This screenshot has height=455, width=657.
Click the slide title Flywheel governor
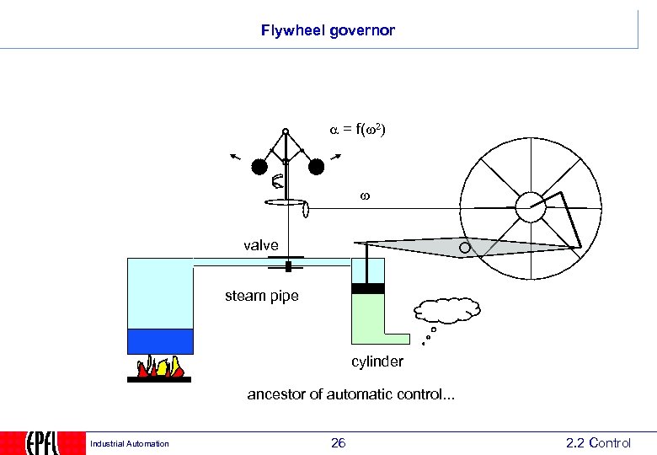(328, 31)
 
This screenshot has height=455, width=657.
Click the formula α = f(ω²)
(357, 131)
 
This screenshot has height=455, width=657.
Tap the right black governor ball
(316, 167)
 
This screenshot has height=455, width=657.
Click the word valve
(260, 245)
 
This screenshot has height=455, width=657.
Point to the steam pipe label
(261, 296)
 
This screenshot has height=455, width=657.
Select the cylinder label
(377, 361)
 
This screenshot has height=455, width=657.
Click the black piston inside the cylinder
(367, 288)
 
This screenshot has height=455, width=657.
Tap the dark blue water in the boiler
(160, 340)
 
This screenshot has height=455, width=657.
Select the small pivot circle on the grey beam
(465, 248)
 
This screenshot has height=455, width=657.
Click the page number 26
(338, 442)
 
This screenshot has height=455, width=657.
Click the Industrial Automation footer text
(129, 444)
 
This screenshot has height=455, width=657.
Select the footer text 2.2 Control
(598, 442)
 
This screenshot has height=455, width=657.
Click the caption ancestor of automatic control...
(350, 393)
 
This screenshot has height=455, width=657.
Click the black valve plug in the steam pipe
(288, 266)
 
